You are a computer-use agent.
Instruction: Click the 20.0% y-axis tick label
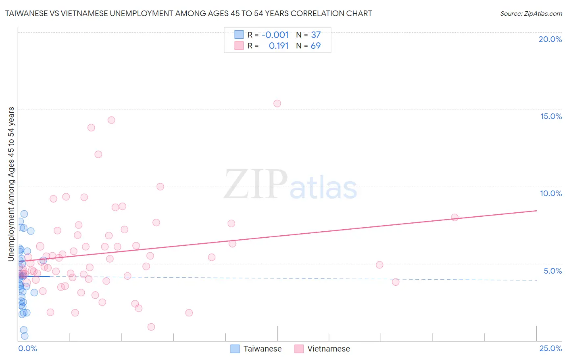point(550,39)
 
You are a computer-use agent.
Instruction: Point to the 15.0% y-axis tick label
point(551,116)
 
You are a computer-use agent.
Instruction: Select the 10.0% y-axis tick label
point(551,193)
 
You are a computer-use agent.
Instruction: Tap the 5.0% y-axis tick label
point(552,271)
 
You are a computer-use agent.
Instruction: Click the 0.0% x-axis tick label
point(27,348)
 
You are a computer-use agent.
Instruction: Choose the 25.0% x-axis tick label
point(550,348)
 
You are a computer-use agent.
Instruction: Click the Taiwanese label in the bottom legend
point(262,349)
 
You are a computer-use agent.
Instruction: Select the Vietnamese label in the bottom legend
point(328,349)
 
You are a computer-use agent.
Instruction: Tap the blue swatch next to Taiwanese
point(235,349)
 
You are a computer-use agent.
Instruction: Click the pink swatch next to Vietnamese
point(299,349)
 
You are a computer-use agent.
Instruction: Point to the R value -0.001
point(275,35)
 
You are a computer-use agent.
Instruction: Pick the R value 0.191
point(279,46)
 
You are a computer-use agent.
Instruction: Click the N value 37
point(316,35)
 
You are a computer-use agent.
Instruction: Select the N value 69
point(316,46)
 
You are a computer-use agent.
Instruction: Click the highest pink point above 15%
point(277,103)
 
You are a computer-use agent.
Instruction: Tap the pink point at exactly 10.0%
point(160,186)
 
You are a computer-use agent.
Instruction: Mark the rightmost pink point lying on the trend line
point(454,217)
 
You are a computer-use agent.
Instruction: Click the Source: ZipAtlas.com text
point(531,13)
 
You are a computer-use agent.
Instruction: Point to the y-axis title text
point(11,184)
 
